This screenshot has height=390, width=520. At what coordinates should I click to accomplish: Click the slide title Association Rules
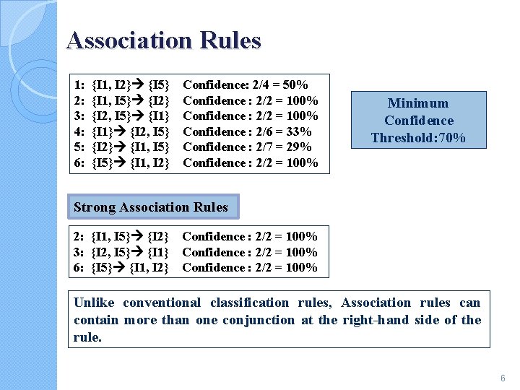pos(163,40)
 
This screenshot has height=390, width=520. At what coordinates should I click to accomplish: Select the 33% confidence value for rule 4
pos(299,131)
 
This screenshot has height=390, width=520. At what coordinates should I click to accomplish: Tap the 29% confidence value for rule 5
pos(299,147)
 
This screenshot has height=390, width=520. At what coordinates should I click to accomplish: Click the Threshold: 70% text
pos(418,138)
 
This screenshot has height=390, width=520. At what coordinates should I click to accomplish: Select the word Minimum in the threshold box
pos(418,103)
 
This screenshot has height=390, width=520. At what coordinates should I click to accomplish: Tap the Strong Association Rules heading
pos(150,208)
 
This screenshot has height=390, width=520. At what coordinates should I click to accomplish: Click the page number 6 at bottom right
pos(503,378)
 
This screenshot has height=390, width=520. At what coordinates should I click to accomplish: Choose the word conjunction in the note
pos(261,320)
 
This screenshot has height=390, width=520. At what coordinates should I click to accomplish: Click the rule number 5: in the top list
pos(79,147)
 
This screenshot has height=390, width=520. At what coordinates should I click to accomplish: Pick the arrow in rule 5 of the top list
pos(120,147)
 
